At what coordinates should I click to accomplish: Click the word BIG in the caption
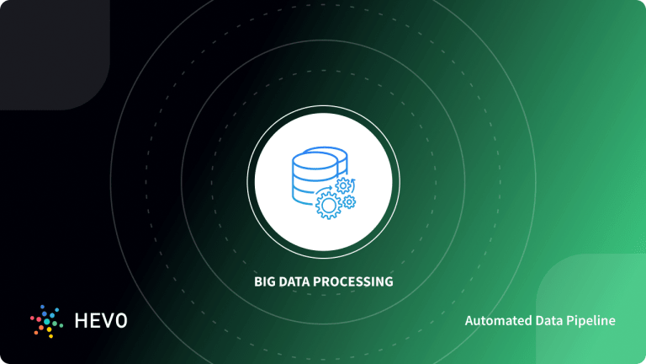[264, 281]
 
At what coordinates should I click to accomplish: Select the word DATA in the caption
[295, 281]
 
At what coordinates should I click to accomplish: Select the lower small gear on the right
[349, 201]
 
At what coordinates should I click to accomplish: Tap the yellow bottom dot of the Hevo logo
[50, 333]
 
